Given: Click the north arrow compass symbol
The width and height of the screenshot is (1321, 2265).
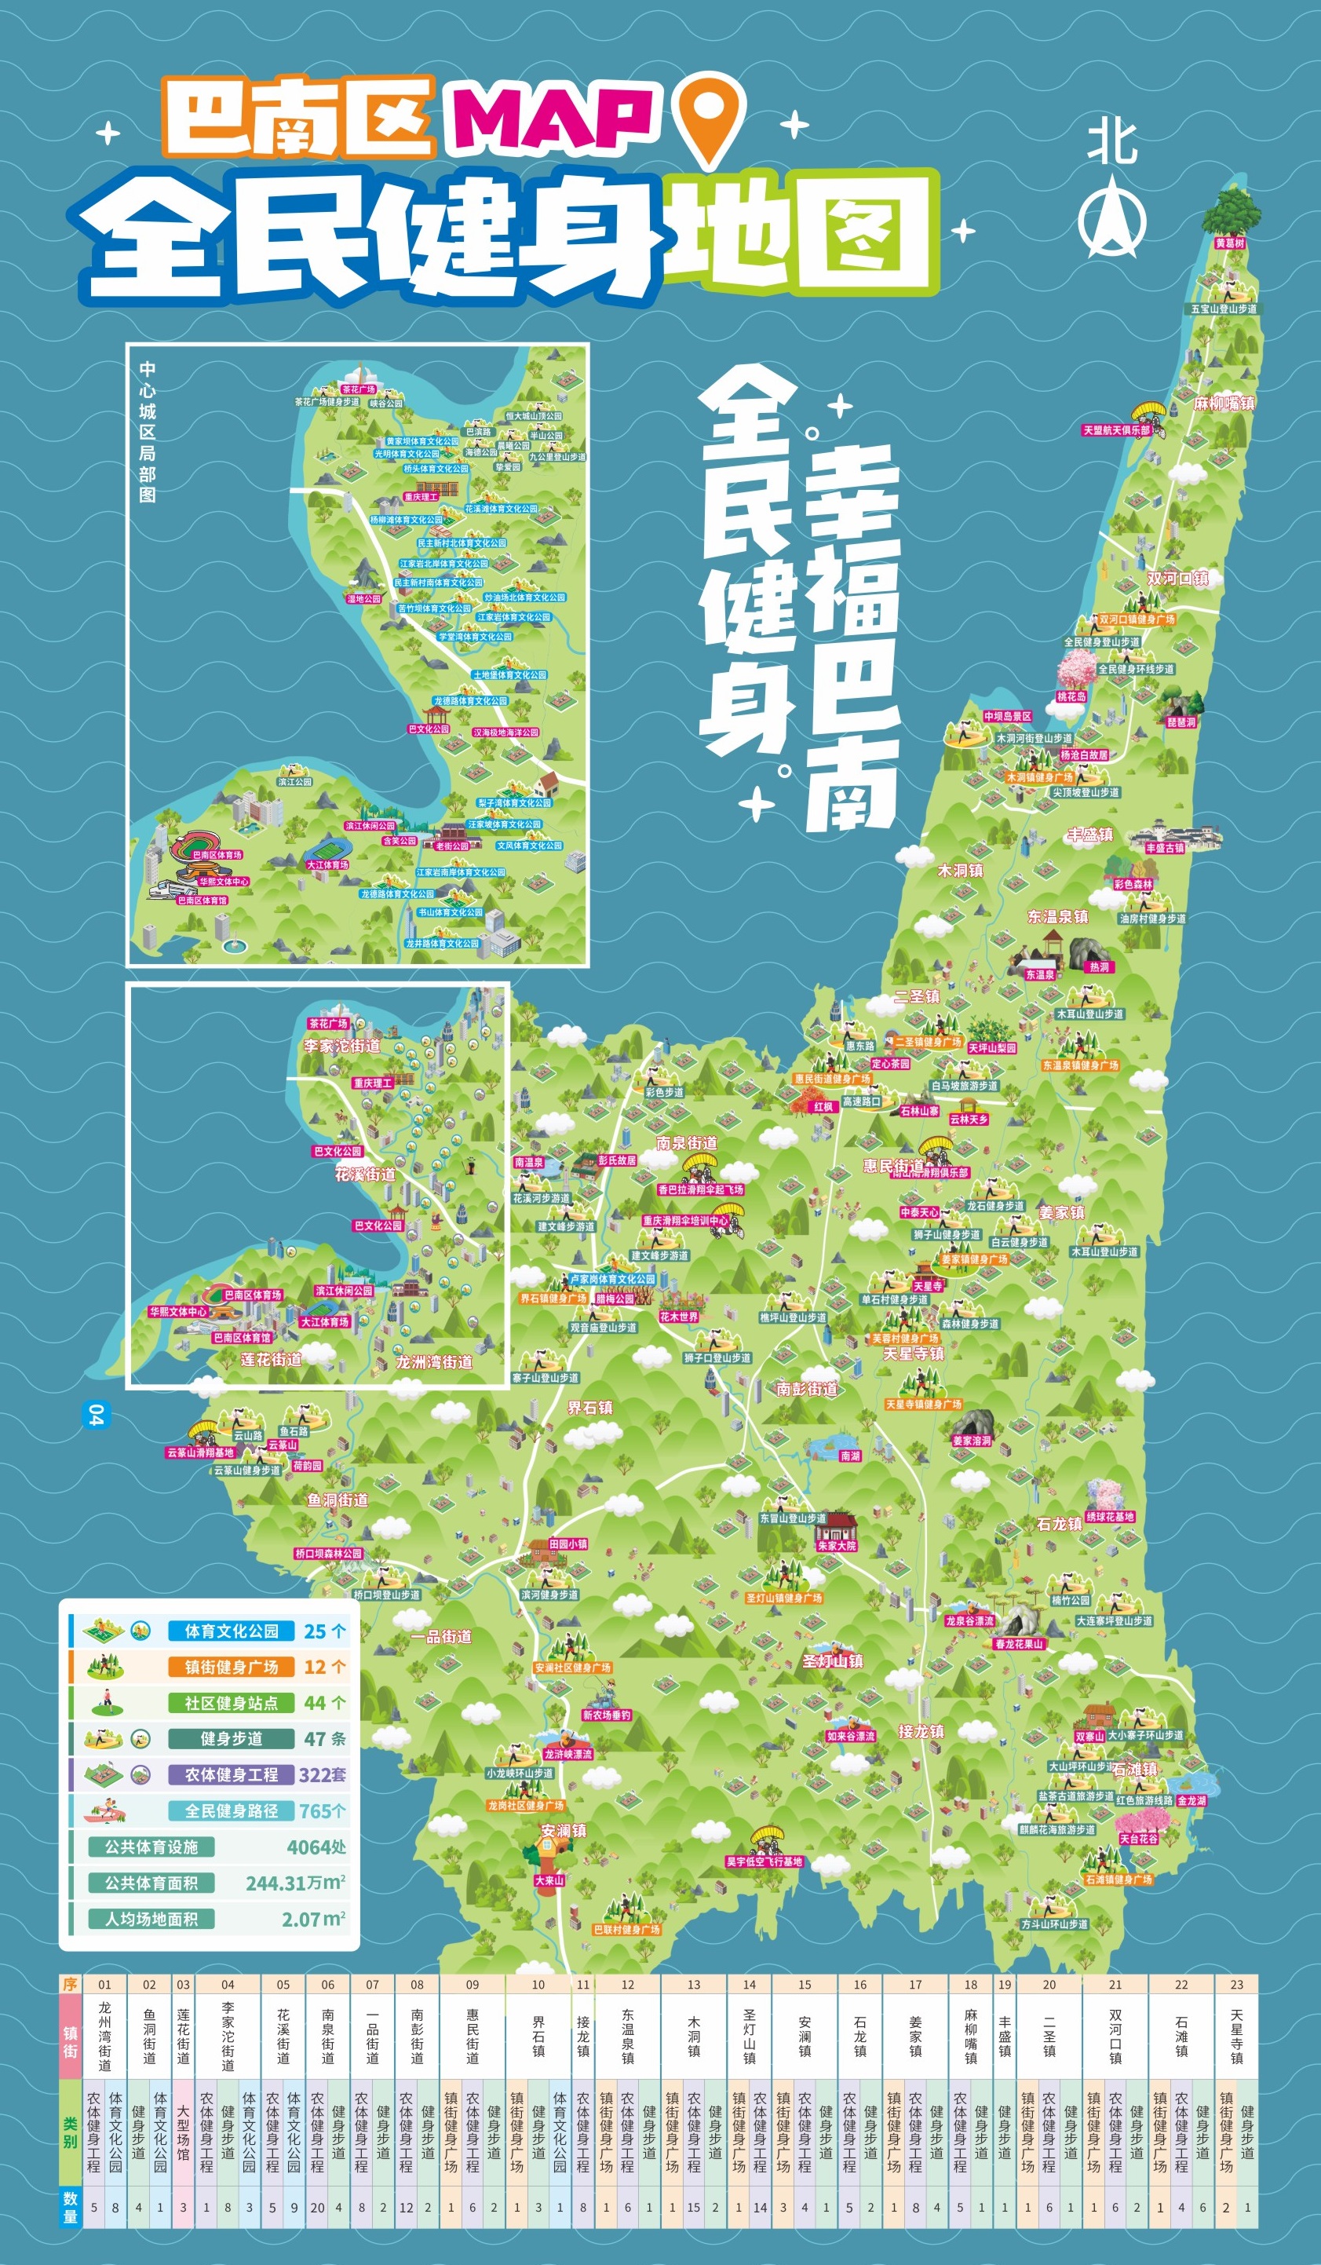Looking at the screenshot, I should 1111,217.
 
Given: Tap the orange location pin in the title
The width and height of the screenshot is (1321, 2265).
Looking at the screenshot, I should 710,117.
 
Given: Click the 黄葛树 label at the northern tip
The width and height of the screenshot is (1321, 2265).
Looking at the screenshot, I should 1229,243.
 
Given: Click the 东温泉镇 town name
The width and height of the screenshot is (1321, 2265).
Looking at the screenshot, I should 1058,917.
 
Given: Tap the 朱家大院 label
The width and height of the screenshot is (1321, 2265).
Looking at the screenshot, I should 837,1546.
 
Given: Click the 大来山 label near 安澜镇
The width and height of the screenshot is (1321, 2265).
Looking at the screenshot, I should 548,1880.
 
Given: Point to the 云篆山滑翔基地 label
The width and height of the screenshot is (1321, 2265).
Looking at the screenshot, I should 199,1452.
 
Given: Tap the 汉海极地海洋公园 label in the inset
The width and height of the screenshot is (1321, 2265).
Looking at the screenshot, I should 506,732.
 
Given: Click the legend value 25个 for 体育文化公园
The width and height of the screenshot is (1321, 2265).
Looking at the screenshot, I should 324,1631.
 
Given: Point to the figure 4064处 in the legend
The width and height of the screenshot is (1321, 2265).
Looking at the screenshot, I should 316,1847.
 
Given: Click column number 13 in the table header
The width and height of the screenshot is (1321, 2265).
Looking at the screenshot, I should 694,1985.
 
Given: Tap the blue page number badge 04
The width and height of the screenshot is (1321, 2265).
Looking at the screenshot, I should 93,1415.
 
